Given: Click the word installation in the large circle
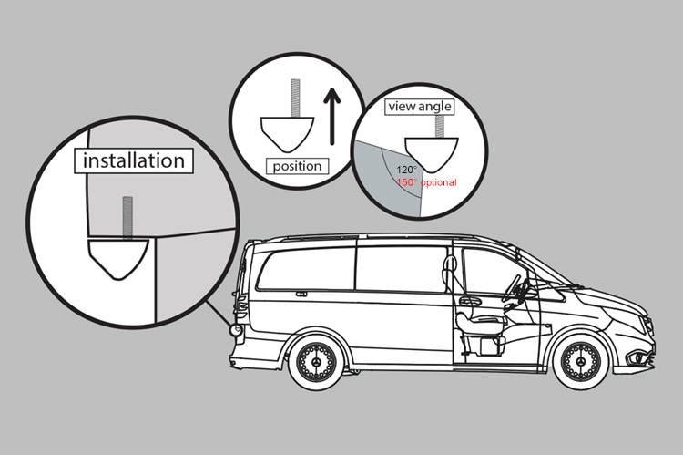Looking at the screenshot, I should click(134, 161).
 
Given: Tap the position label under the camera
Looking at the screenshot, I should click(297, 166).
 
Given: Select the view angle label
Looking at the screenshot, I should click(420, 107).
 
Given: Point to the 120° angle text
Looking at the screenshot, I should click(407, 170).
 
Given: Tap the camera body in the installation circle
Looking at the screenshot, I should click(119, 258).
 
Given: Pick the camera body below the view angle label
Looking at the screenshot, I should click(431, 150).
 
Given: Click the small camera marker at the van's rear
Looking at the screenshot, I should click(237, 329).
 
